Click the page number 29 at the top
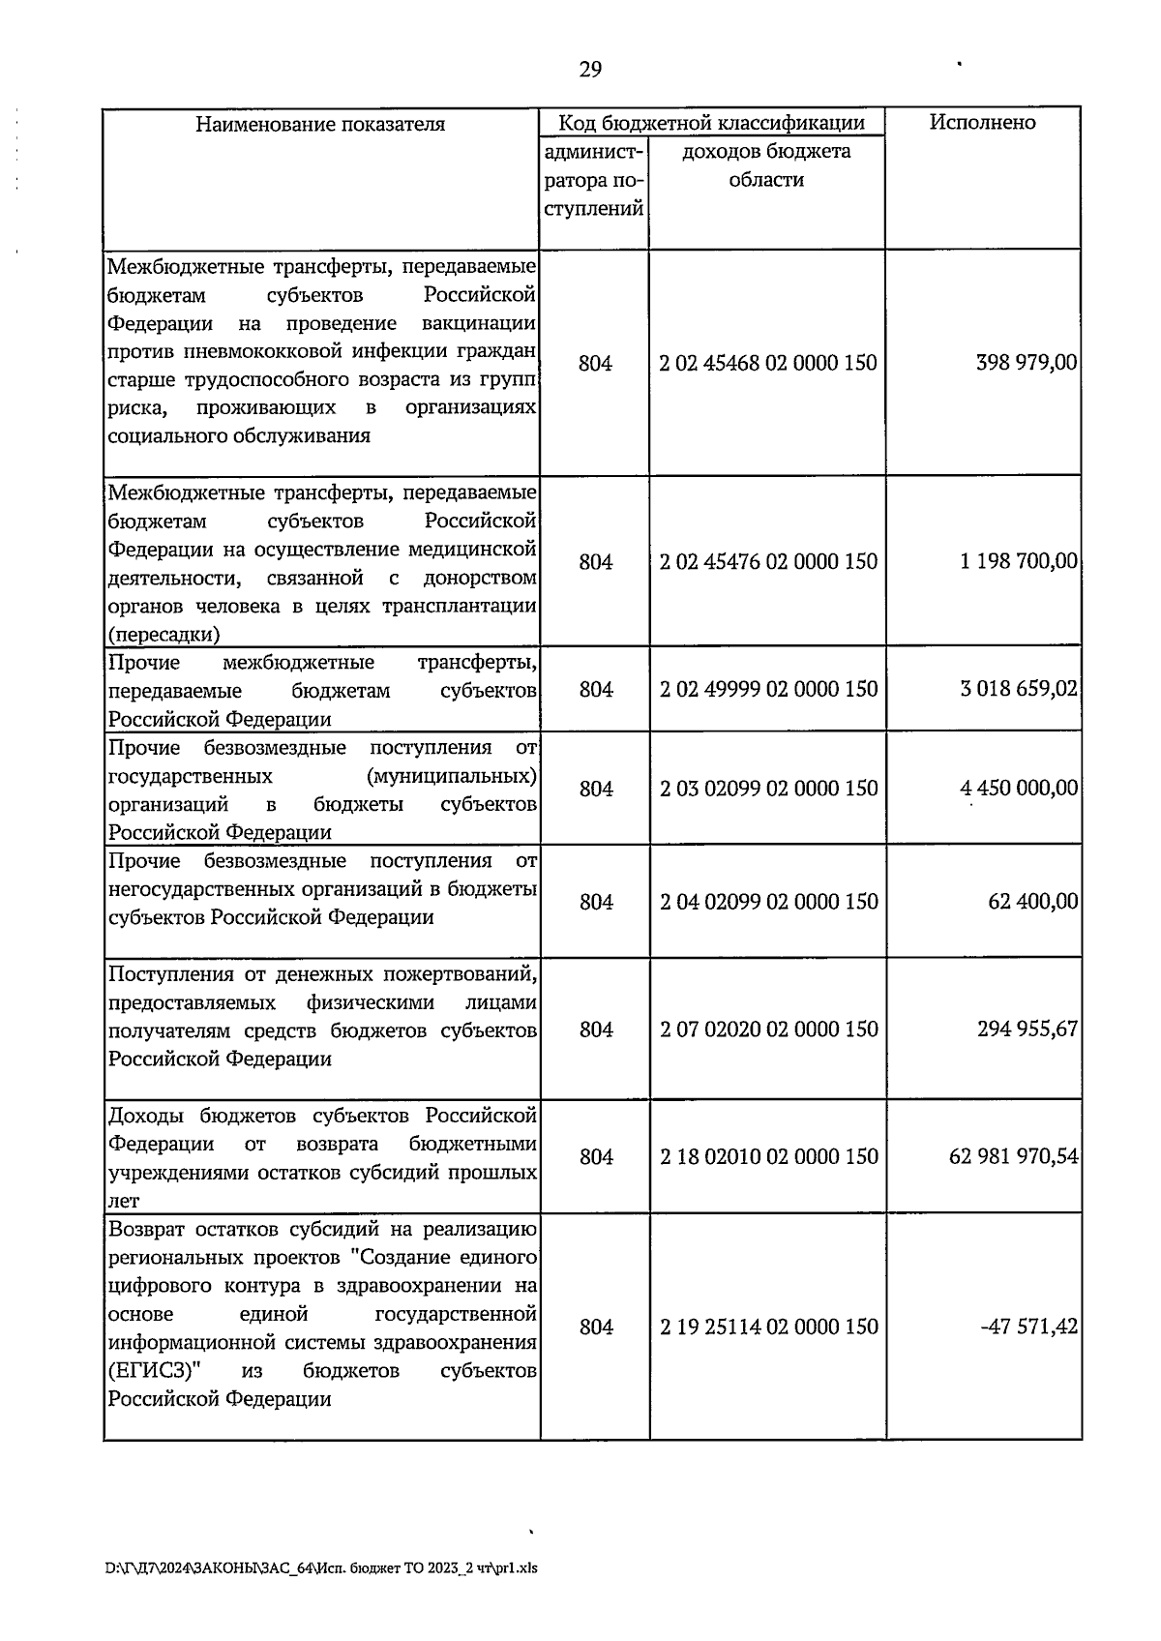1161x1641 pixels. click(x=590, y=69)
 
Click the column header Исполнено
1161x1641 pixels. click(x=982, y=122)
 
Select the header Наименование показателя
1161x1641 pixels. click(x=320, y=124)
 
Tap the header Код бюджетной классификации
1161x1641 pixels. click(x=711, y=122)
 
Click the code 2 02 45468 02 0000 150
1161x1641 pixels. click(x=768, y=363)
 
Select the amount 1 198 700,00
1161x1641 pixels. click(x=1019, y=561)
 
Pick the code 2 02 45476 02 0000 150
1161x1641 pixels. click(x=768, y=561)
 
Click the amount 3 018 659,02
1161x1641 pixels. click(x=1019, y=689)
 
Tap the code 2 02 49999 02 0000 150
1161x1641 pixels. click(x=768, y=689)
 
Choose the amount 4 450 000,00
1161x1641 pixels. click(x=1019, y=789)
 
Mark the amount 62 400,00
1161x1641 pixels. click(x=1032, y=902)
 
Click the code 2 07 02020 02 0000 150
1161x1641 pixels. click(x=768, y=1029)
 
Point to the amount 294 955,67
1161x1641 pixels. click(x=1027, y=1029)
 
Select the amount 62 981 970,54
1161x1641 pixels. click(x=1014, y=1156)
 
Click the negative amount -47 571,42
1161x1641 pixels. click(x=1028, y=1327)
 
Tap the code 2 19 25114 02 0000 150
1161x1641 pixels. click(x=768, y=1327)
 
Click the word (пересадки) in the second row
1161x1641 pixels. click(x=164, y=635)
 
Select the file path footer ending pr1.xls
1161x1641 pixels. click(x=320, y=1568)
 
